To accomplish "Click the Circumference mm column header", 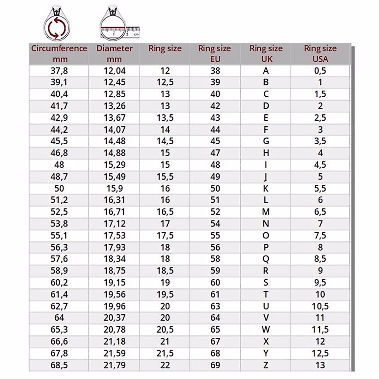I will pos(59,53).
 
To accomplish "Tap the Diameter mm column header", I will pos(114,53).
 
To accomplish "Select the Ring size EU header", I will pos(215,53).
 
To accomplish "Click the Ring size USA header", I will pos(320,53).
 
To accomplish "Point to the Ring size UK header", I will pos(266,53).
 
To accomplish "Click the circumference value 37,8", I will pos(59,71).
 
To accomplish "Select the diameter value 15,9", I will pos(114,189).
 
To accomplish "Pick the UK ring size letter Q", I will pos(266,259).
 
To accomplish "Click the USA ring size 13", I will pos(320,365).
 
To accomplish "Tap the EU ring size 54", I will pos(215,224).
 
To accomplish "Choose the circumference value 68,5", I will pos(59,365).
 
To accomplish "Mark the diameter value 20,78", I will pos(114,330).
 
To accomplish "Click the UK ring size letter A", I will pos(266,71).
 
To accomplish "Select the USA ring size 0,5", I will pos(320,71).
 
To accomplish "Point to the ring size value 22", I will pos(165,365).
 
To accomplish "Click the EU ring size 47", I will pos(215,153).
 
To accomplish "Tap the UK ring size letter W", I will pos(266,330).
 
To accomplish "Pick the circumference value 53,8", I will pos(59,224).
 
